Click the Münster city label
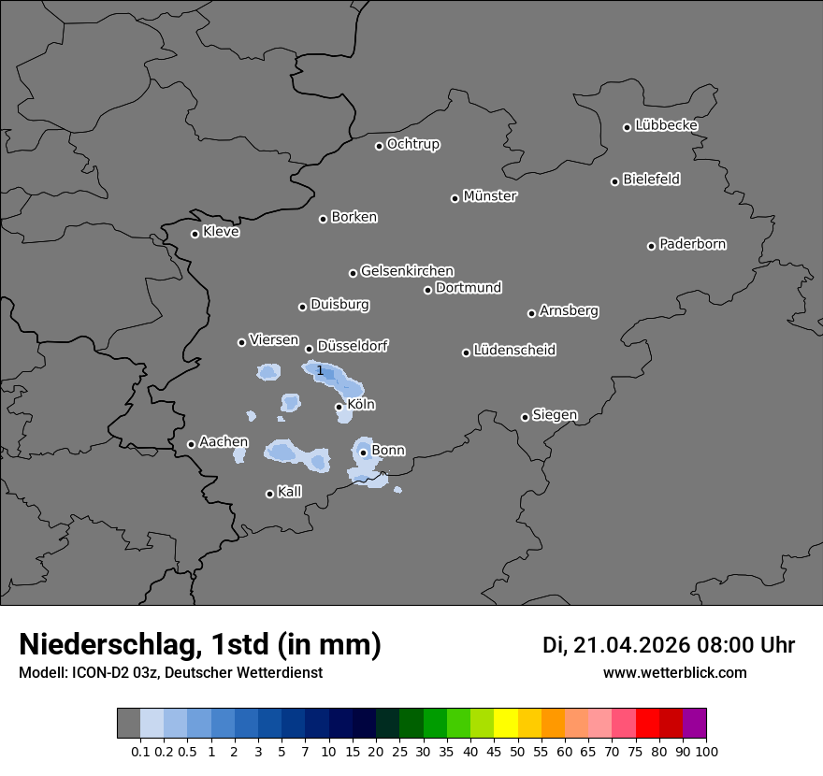[490, 196]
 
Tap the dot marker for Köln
[339, 407]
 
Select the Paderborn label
[693, 244]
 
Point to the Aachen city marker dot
[191, 444]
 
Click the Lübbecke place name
[666, 125]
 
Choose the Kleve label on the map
[221, 232]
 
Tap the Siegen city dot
[525, 417]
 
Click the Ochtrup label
[413, 144]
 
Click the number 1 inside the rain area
[320, 371]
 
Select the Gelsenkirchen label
[407, 271]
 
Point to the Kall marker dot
[269, 494]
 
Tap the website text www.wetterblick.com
[674, 672]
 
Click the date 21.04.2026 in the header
[630, 645]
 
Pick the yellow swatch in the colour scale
[506, 724]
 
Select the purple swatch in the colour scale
[695, 724]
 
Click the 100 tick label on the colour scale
[707, 751]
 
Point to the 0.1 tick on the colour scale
[140, 751]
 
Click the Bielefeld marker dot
[615, 181]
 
